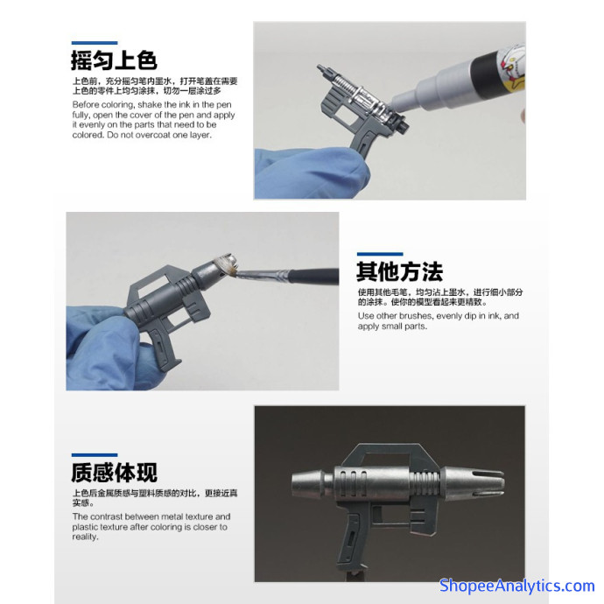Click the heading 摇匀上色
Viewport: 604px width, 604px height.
[x=114, y=60]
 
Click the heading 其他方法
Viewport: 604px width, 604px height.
[x=399, y=271]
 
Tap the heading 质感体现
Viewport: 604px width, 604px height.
[x=114, y=473]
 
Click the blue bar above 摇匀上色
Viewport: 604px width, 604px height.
[x=95, y=43]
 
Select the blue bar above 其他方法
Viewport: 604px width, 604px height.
[x=380, y=254]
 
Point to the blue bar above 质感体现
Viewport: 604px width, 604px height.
[x=95, y=455]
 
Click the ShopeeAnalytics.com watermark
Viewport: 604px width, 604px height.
[x=517, y=586]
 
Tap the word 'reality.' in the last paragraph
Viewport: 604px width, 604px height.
[x=85, y=537]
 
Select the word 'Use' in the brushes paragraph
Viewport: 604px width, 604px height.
[x=366, y=316]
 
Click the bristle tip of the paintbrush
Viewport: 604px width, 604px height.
[x=230, y=269]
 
